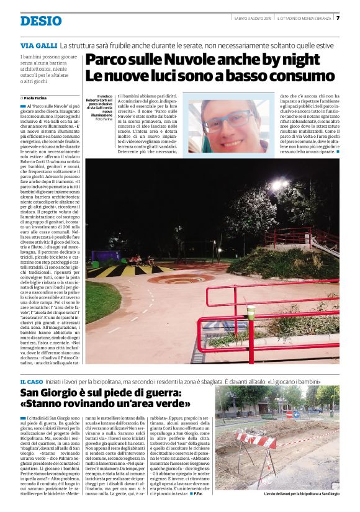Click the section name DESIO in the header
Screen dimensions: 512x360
[x=41, y=21]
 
